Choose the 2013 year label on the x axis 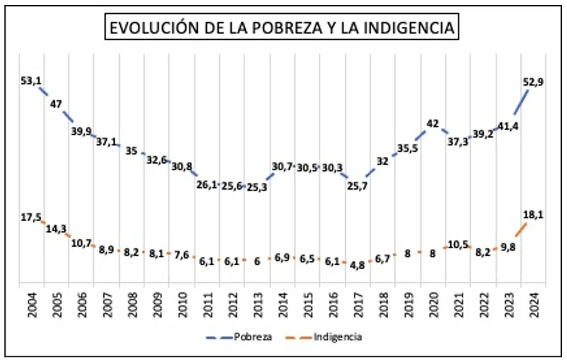click(x=258, y=304)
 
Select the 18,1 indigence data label click(x=533, y=215)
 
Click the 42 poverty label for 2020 click(x=432, y=124)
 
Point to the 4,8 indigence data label click(x=357, y=265)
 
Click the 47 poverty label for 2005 click(x=56, y=104)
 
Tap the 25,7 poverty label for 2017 click(x=357, y=185)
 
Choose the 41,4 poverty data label click(x=508, y=127)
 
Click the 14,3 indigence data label click(x=56, y=229)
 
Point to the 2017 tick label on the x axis click(x=358, y=304)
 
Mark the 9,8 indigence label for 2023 click(x=508, y=247)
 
